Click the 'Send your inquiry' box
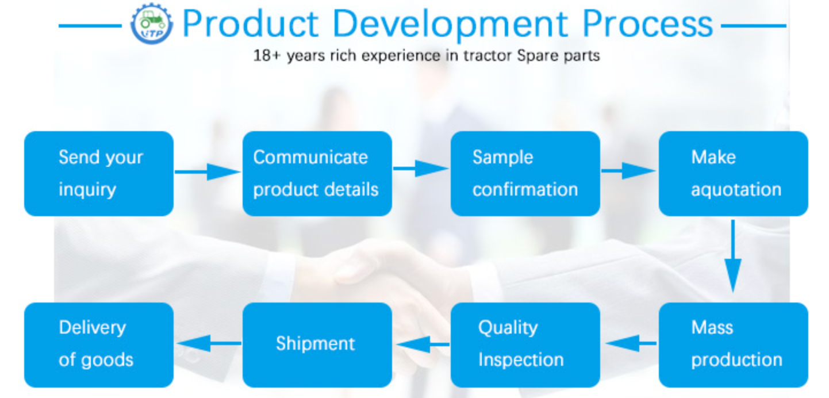pos(99,174)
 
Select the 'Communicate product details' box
pos(317,174)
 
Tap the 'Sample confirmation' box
pos(525,174)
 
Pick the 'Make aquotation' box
pos(734,174)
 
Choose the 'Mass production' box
pos(734,345)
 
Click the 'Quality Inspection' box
pos(525,345)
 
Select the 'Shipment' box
pos(317,345)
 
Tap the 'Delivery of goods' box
pos(99,345)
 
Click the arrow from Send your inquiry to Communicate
pos(208,172)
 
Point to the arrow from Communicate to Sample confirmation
pos(421,169)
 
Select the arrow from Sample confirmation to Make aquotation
pos(628,171)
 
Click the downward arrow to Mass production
pos(733,256)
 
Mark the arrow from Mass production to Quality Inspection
pos(631,343)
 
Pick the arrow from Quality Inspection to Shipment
pos(423,344)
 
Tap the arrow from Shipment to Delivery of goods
pos(209,343)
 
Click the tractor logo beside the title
pos(151,24)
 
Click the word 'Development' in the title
pos(450,24)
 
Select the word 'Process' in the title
pos(647,24)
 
